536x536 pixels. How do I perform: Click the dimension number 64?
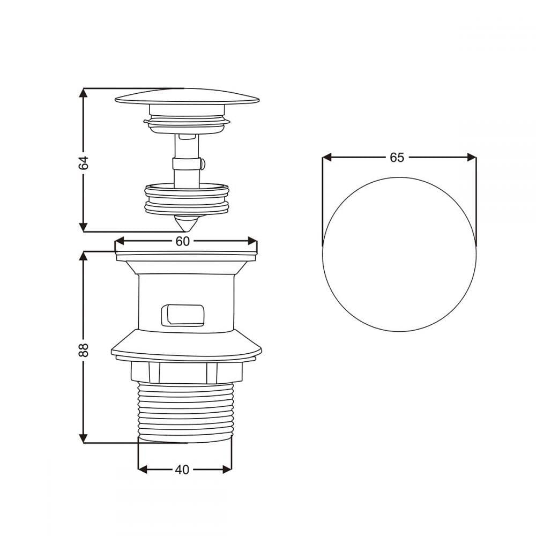pos(84,162)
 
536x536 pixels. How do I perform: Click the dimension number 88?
pos(84,349)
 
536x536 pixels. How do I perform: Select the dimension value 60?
pos(183,241)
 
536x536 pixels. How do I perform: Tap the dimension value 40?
pos(182,470)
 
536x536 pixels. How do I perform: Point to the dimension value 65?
pos(397,157)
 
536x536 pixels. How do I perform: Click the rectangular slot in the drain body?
pos(183,315)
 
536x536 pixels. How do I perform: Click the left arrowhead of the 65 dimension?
pos(327,157)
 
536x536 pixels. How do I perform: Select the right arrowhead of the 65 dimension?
pos(472,157)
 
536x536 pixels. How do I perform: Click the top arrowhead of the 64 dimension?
pos(83,93)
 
